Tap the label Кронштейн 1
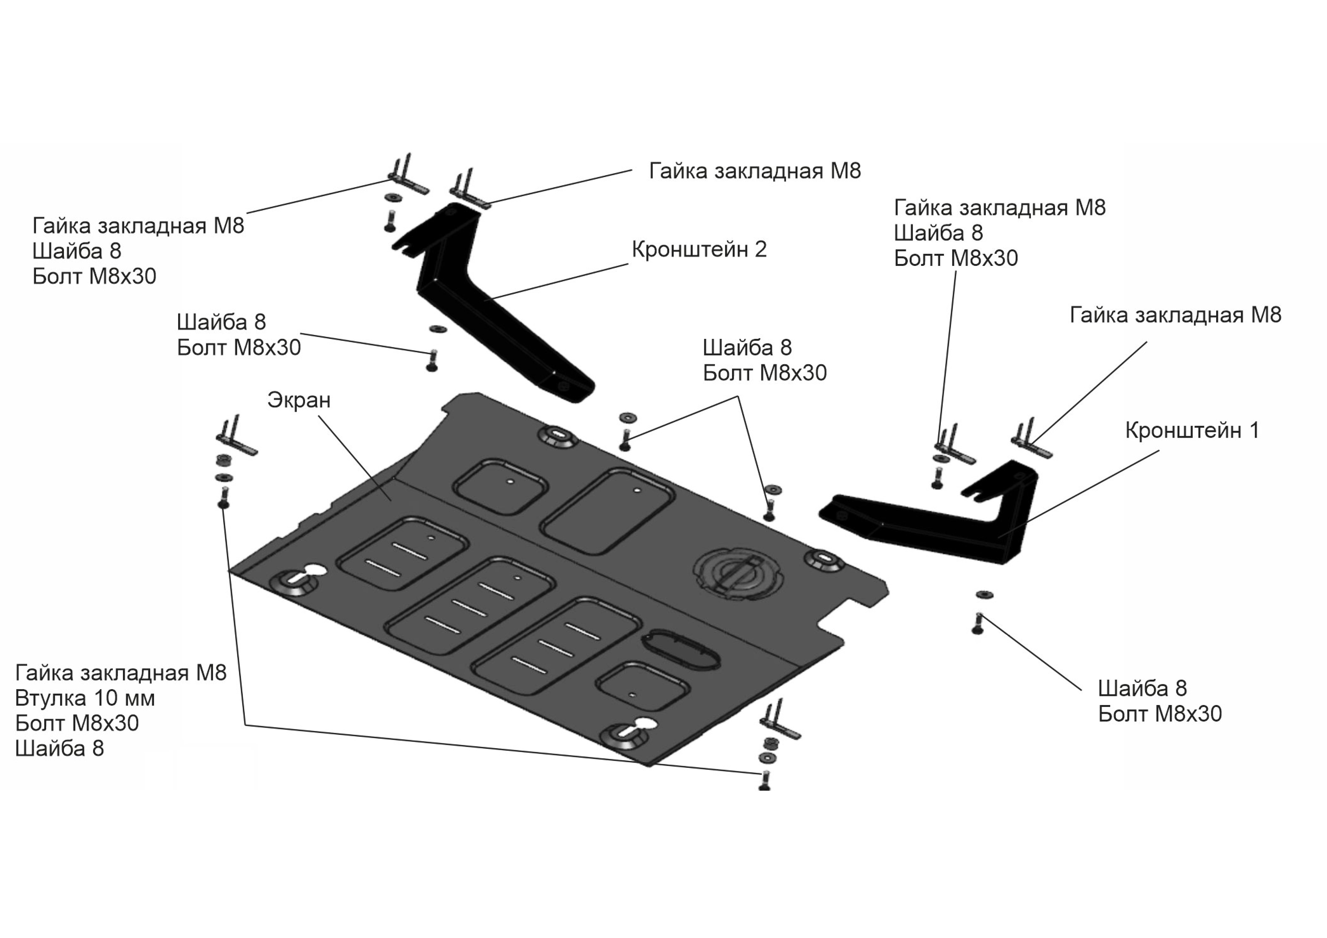pos(1192,430)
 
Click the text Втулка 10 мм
pos(85,698)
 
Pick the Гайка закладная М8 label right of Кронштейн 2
pos(755,171)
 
